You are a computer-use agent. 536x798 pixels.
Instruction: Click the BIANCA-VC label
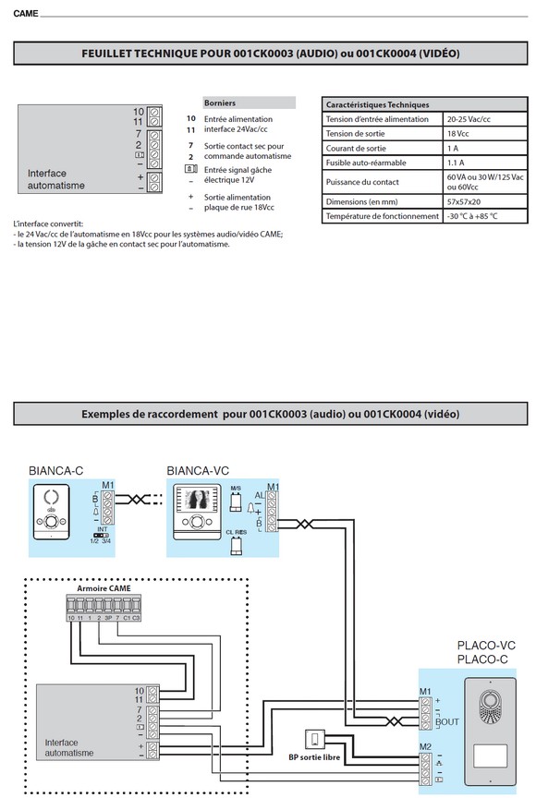coord(198,470)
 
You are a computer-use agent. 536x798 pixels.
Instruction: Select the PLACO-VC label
coord(481,646)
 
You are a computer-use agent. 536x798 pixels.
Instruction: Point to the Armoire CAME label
coord(103,587)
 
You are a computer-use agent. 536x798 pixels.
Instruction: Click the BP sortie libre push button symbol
coord(315,739)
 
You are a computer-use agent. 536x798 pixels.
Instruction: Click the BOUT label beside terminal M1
coord(447,722)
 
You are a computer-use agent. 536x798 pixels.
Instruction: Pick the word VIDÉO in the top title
coord(437,54)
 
